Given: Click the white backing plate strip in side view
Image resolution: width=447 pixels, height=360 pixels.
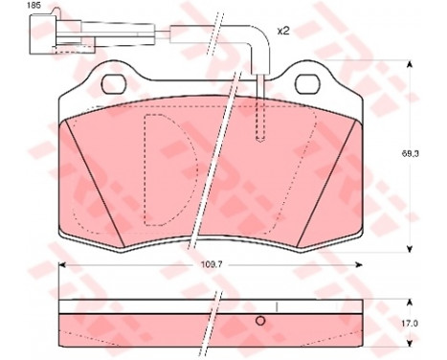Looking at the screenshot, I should pos(144,307).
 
